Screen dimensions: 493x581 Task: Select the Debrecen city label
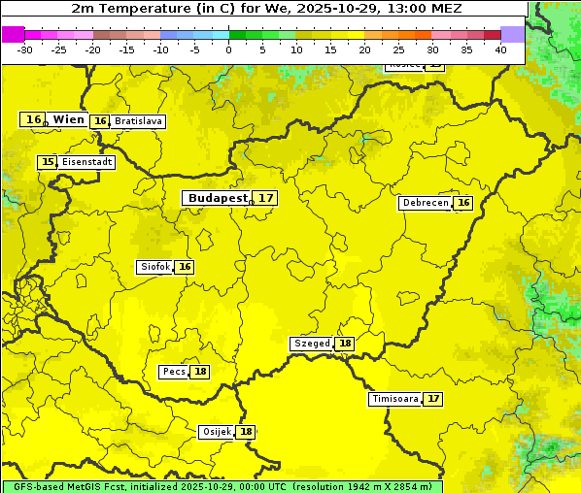[x=425, y=203]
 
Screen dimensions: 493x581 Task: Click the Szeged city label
[x=312, y=344]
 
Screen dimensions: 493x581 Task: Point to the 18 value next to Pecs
[x=200, y=372]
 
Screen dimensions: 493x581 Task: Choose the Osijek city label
[x=217, y=432]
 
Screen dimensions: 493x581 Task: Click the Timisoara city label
[x=394, y=399]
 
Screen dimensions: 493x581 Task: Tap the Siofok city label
[x=154, y=267]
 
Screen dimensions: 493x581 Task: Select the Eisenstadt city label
[x=87, y=162]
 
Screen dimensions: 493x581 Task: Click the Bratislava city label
[x=138, y=121]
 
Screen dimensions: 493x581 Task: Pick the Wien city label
[x=68, y=119]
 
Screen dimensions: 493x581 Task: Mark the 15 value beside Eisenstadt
[x=48, y=162]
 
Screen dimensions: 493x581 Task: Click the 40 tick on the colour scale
[x=500, y=49]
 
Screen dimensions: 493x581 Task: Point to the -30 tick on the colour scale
[x=25, y=49]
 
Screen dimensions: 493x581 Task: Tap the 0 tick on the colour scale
[x=228, y=49]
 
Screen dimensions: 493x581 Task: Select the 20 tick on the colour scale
[x=364, y=49]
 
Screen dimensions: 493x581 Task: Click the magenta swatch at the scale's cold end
[x=14, y=34]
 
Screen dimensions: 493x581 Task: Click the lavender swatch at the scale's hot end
[x=512, y=34]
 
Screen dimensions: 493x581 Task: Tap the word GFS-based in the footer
[x=37, y=486]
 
